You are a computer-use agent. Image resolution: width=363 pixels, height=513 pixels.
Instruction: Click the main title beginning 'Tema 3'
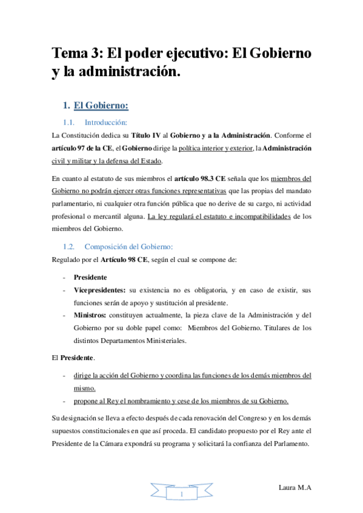point(181,54)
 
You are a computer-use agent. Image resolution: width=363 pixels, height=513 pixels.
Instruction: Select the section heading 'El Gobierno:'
point(101,106)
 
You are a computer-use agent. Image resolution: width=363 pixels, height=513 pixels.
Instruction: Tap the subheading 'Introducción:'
point(107,123)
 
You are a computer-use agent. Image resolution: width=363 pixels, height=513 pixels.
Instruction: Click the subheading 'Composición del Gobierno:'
point(129,246)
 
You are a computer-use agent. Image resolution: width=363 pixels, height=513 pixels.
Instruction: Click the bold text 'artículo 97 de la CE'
point(81,148)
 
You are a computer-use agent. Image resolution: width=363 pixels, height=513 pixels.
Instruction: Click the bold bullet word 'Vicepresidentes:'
point(100,290)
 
